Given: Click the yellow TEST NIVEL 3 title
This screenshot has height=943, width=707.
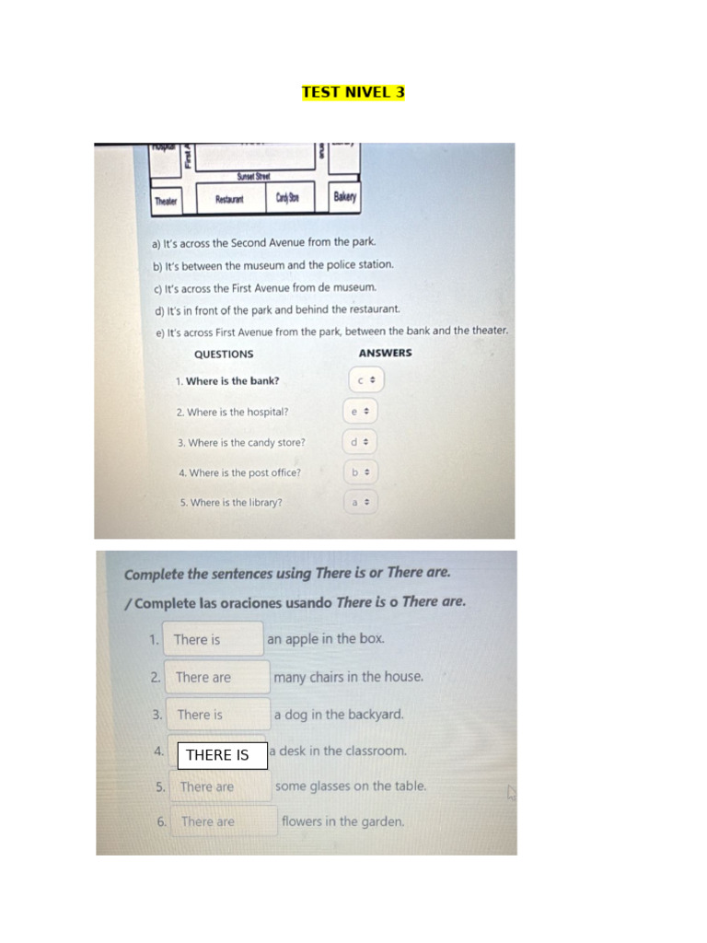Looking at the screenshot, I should [353, 92].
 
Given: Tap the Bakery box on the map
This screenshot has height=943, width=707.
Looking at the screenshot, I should [344, 197].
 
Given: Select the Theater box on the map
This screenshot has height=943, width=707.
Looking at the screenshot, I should [166, 201].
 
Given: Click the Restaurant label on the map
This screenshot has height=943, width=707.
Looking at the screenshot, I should [229, 199].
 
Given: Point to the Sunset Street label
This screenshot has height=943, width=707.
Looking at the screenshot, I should [253, 176].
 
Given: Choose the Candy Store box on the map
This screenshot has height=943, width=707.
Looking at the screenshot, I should [286, 197].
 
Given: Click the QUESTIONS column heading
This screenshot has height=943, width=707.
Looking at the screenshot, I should [224, 354].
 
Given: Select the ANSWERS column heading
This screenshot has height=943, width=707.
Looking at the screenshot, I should [385, 353].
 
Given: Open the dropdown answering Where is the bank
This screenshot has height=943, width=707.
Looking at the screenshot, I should [366, 380].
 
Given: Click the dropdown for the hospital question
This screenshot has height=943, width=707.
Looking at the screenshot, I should [360, 412].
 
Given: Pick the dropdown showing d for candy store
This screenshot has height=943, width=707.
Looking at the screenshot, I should [360, 442].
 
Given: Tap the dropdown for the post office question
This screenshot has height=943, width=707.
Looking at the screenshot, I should [360, 472].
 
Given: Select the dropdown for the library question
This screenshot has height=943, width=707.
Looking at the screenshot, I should [360, 503].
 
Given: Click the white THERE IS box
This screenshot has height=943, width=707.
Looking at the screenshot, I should [222, 755].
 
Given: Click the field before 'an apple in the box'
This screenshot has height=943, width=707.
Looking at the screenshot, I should [214, 639].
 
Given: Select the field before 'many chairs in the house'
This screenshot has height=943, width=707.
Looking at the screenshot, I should [217, 677].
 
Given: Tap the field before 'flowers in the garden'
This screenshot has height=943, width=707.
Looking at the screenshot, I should [221, 821].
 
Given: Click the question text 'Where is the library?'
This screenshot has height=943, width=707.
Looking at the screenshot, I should [237, 503].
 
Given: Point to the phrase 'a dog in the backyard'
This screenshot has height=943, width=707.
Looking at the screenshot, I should [339, 714].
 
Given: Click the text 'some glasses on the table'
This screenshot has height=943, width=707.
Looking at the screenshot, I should [351, 786].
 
